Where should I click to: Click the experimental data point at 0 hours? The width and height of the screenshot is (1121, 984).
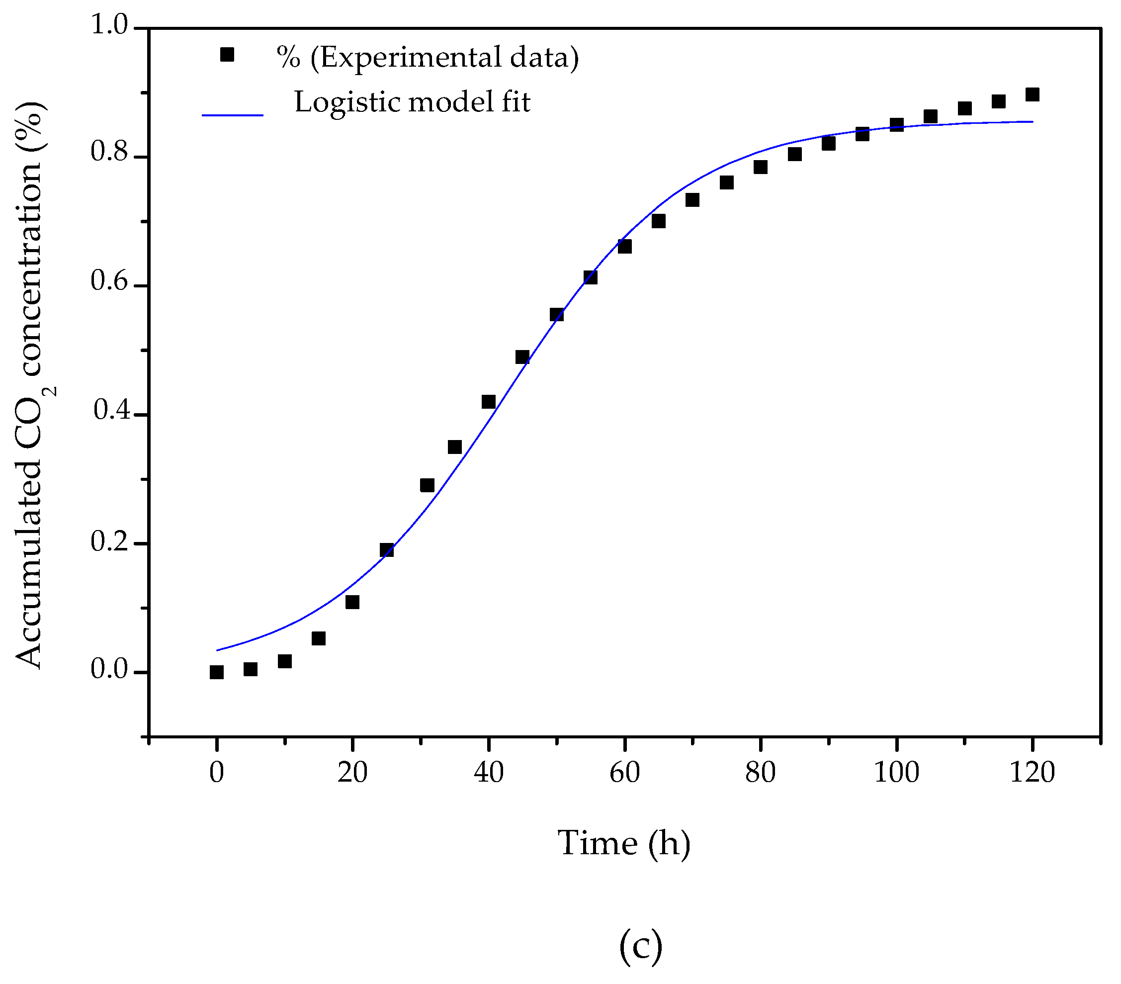[217, 672]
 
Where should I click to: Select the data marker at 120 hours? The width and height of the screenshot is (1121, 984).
[1032, 94]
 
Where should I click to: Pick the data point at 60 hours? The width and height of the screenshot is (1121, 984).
[624, 246]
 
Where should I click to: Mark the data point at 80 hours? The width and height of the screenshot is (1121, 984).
[760, 167]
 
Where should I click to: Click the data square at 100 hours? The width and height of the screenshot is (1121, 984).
[897, 124]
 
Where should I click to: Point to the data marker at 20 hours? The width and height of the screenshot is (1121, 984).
[352, 602]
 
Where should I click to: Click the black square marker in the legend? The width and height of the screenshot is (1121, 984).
[227, 55]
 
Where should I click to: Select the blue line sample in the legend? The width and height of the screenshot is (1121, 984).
[233, 115]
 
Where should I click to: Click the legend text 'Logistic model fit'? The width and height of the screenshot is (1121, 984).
[413, 102]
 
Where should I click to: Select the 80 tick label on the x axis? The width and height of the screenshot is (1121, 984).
[760, 773]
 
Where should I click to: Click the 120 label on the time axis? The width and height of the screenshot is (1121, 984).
[1032, 773]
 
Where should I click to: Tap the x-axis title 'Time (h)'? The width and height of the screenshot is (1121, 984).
[623, 843]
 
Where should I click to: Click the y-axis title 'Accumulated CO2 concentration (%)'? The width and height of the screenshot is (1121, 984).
[33, 384]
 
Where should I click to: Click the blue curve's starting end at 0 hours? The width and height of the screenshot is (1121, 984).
[218, 650]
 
